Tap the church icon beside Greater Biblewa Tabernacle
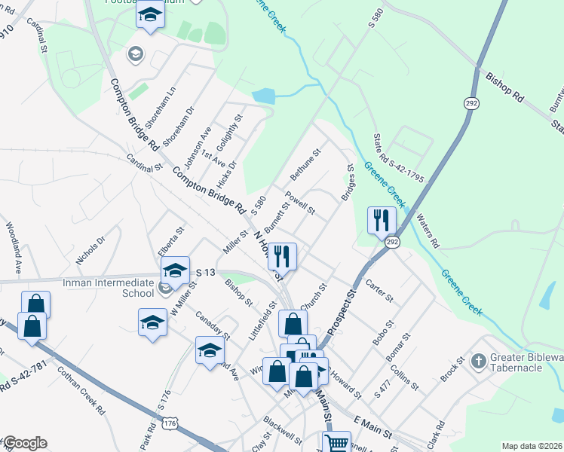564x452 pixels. click(477, 362)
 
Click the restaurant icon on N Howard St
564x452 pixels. click(282, 255)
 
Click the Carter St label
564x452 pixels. click(379, 292)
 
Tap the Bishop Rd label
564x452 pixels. click(504, 87)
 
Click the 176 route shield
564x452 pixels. click(170, 424)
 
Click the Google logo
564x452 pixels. click(24, 444)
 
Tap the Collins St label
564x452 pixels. click(404, 377)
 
